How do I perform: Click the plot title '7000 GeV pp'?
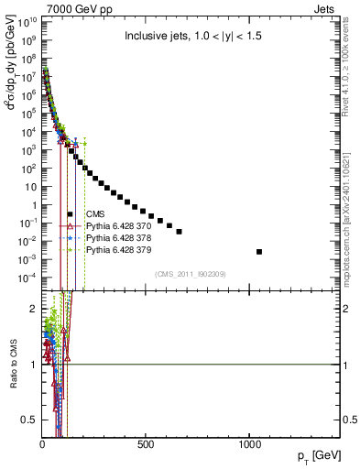pyautogui.click(x=72, y=8)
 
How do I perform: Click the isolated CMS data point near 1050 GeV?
pyautogui.click(x=259, y=251)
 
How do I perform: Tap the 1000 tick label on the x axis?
pyautogui.click(x=249, y=445)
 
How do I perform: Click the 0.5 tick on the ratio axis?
pyautogui.click(x=29, y=420)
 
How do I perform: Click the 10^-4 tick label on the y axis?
pyautogui.click(x=27, y=277)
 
